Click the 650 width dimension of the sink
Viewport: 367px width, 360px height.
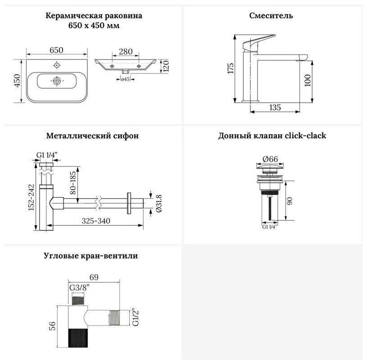pyautogui.click(x=56, y=50)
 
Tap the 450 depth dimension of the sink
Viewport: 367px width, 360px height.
pyautogui.click(x=18, y=81)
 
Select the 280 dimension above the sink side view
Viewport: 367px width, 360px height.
pyautogui.click(x=126, y=51)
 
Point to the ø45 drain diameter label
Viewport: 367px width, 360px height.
pyautogui.click(x=125, y=79)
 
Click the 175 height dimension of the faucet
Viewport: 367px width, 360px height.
pyautogui.click(x=231, y=68)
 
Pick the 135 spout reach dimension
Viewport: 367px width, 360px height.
pyautogui.click(x=275, y=108)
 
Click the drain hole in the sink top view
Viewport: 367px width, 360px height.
pyautogui.click(x=57, y=81)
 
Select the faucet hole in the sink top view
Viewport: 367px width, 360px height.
pyautogui.click(x=57, y=65)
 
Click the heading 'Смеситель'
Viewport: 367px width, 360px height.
pyautogui.click(x=271, y=15)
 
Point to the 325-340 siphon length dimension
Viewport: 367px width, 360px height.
pyautogui.click(x=96, y=221)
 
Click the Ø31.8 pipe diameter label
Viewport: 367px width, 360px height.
pyautogui.click(x=159, y=204)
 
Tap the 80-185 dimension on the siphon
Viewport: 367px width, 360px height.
pyautogui.click(x=73, y=183)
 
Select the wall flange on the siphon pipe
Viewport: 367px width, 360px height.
pyautogui.click(x=129, y=203)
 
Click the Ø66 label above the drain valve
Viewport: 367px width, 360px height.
pyautogui.click(x=270, y=159)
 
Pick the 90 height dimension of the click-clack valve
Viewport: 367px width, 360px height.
pyautogui.click(x=290, y=201)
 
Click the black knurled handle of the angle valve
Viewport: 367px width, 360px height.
pyautogui.click(x=78, y=338)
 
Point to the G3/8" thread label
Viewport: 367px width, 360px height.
pyautogui.click(x=80, y=287)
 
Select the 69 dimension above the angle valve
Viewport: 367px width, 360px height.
pyautogui.click(x=94, y=277)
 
